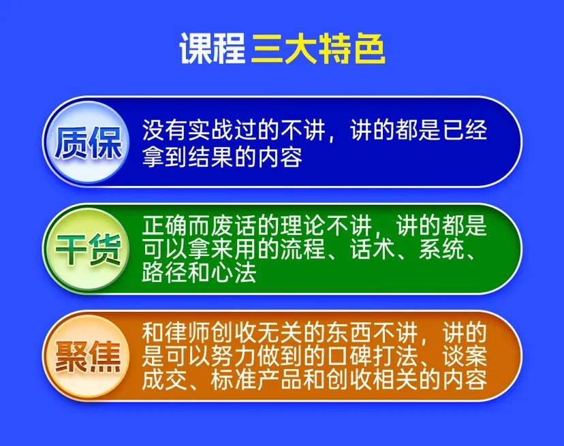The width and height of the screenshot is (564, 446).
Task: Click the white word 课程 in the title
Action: point(213,48)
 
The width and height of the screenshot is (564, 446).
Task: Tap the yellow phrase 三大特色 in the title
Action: point(318,48)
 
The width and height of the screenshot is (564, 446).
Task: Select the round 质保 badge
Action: point(87,143)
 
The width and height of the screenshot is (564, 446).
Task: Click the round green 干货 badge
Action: point(87,250)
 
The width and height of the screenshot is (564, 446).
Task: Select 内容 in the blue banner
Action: point(280,157)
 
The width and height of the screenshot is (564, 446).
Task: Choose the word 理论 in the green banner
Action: point(303,225)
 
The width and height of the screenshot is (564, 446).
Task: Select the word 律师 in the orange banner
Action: point(188,333)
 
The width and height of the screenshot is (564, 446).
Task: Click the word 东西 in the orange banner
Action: point(349,333)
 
